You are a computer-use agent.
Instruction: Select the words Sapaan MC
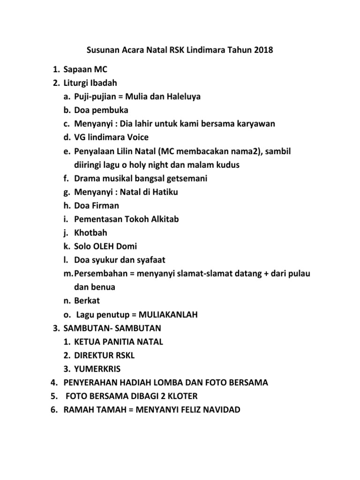pos(86,70)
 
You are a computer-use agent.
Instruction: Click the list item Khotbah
pos(90,232)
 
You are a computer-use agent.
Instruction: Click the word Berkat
pos(87,300)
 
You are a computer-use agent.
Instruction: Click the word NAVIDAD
pos(215,410)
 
